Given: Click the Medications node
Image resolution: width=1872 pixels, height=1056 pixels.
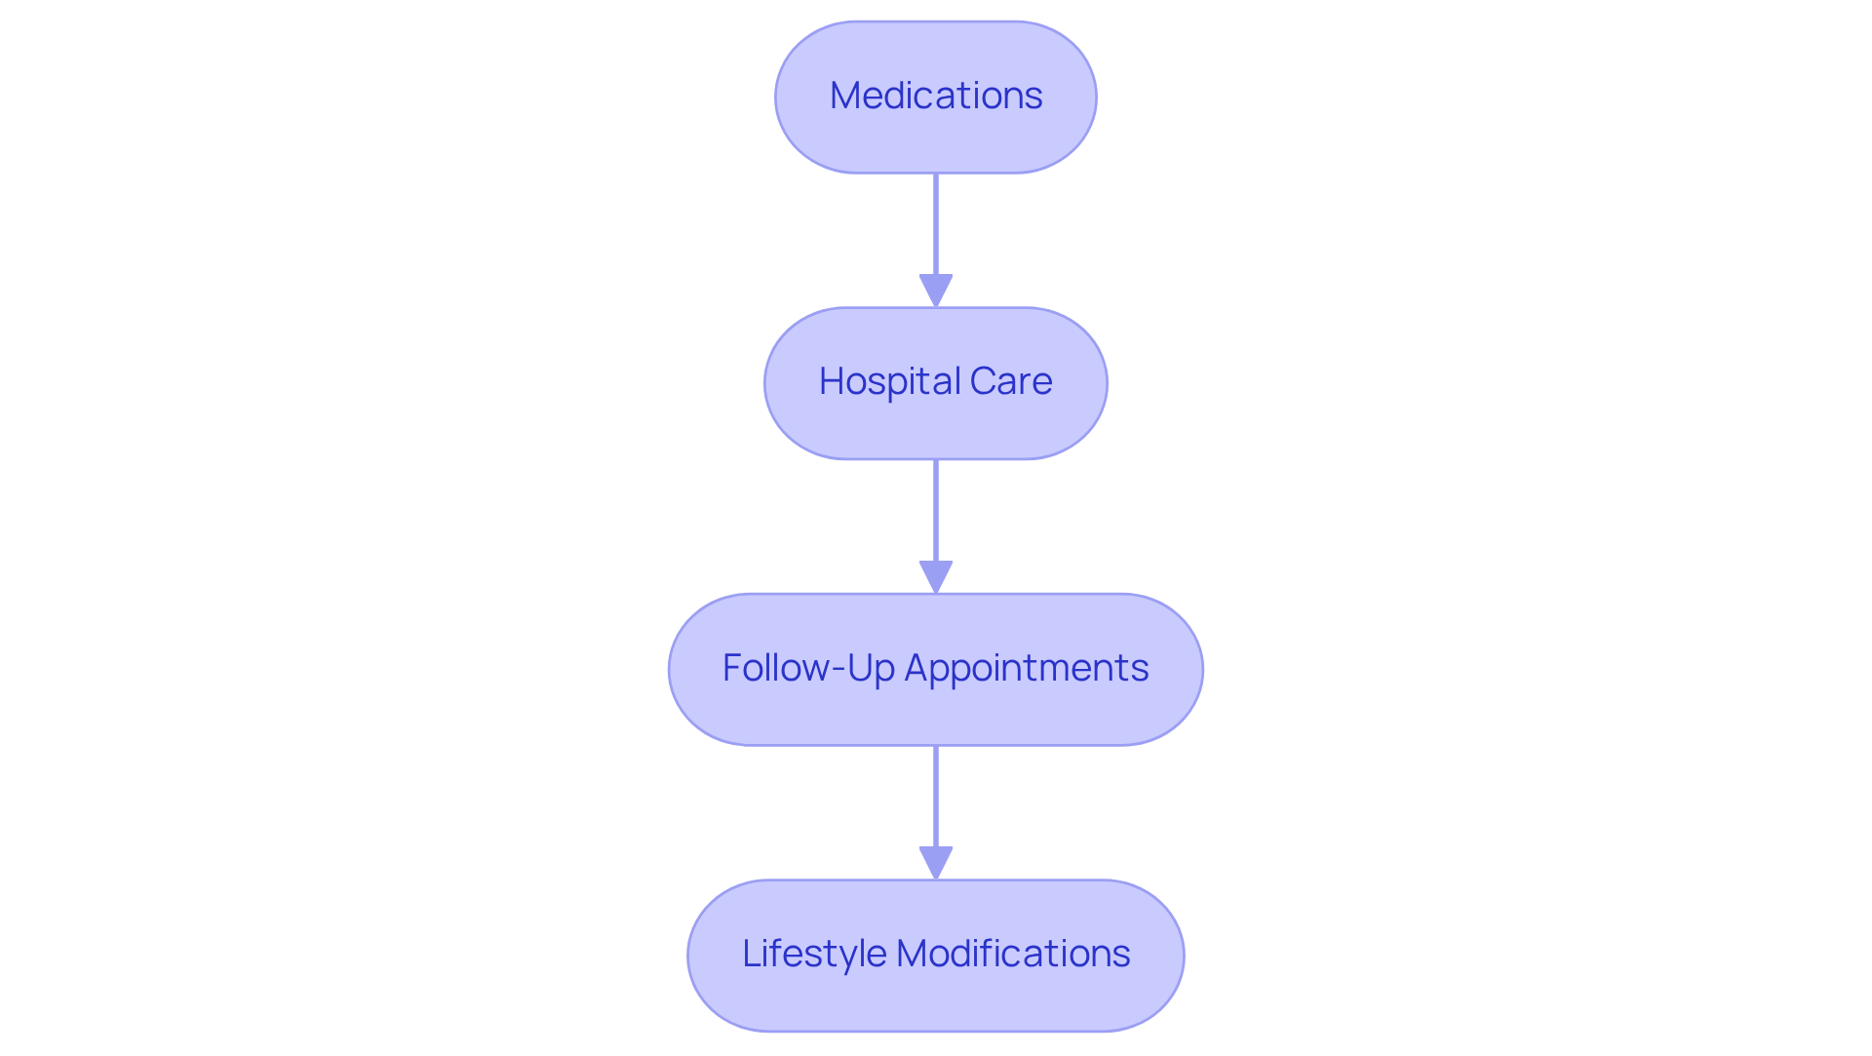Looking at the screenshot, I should coord(936,98).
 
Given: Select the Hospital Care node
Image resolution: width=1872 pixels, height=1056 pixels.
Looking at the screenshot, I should coord(936,383).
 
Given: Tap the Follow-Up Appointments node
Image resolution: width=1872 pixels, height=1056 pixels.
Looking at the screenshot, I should coord(936,670).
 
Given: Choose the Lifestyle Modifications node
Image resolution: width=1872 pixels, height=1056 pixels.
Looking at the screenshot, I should coord(936,956).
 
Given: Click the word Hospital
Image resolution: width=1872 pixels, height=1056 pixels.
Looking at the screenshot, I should coord(889,381).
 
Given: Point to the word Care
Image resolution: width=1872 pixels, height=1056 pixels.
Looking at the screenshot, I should coord(1010,381).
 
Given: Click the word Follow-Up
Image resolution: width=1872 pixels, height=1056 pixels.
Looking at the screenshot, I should coord(808,668).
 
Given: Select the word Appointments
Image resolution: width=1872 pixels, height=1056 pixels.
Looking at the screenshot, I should coord(1027,668).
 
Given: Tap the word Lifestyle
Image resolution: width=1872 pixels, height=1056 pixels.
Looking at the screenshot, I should coord(813,954).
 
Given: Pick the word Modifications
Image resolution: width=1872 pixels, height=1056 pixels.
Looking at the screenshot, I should coord(1013,954).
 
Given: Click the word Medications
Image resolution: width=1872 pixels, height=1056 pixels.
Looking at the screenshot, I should coord(936,96).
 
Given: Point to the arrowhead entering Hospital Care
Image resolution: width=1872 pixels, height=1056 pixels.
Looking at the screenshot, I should coord(936,291).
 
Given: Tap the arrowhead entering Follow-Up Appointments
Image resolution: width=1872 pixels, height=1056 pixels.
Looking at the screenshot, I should coord(936,576).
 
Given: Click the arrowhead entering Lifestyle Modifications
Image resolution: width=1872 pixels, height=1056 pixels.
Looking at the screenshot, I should coord(936,863).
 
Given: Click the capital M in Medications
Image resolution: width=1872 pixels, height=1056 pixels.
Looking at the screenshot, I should coord(844,96).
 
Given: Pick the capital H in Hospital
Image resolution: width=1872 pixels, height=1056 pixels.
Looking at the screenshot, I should coord(831,381).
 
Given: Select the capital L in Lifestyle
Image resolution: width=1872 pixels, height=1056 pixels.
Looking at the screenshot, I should coord(751,954).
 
